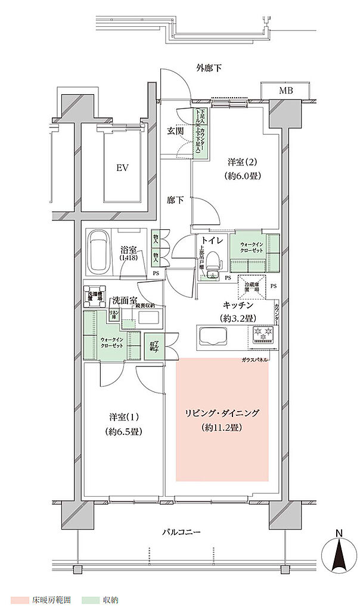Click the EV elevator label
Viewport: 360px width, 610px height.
123,168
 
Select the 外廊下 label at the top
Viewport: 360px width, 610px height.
209,68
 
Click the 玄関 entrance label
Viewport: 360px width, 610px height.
175,131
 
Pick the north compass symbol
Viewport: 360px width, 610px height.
339,558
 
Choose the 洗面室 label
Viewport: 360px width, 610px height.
125,299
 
